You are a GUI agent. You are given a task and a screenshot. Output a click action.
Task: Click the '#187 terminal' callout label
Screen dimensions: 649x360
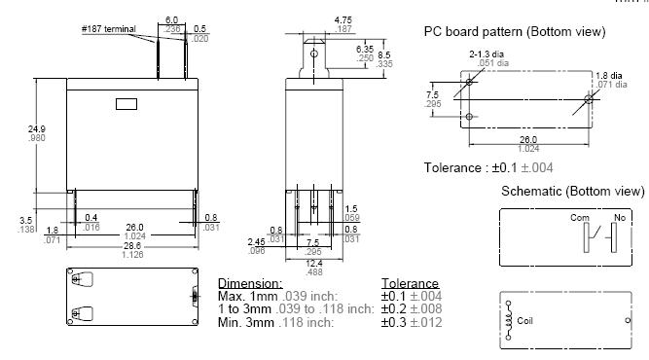point(108,29)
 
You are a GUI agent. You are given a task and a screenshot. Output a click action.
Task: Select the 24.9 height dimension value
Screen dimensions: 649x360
point(37,129)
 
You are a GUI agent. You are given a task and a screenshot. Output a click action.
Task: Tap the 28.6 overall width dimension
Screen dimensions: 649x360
point(132,246)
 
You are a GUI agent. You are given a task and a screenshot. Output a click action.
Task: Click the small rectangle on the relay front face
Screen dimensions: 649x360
point(126,104)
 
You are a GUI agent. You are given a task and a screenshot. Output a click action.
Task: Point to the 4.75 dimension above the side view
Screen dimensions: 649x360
point(343,19)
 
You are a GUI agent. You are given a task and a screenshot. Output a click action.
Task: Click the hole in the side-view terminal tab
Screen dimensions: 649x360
point(314,54)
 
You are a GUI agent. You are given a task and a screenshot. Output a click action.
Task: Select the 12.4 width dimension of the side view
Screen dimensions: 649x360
point(314,263)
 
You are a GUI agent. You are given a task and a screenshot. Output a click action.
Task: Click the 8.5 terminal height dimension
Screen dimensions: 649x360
point(384,54)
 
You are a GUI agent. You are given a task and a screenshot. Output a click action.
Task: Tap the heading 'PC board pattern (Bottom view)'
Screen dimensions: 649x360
point(515,32)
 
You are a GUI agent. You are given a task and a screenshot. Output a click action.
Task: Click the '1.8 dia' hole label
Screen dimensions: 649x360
point(609,75)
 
